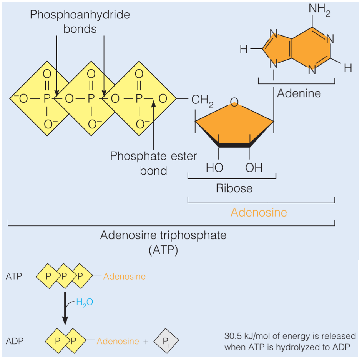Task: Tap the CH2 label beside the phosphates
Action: point(202,101)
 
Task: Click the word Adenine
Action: point(299,93)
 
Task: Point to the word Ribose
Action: point(234,188)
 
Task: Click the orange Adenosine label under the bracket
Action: point(259,212)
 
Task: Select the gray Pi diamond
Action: point(166,341)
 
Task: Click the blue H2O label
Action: point(85,303)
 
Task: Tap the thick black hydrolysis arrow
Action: point(65,308)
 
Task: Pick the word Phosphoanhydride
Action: point(80,15)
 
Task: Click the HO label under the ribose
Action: point(214,168)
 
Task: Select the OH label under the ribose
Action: point(254,168)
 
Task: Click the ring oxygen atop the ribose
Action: point(234,102)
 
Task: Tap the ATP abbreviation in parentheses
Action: point(163,250)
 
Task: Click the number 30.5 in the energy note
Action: point(233,336)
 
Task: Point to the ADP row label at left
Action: point(15,341)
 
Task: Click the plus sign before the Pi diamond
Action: point(146,342)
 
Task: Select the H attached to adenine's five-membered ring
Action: point(244,49)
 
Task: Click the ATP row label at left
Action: point(14,277)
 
